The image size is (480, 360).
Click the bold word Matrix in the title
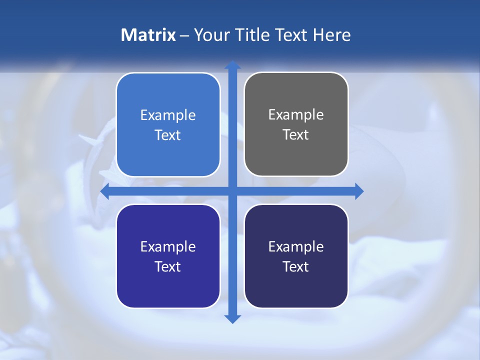[x=148, y=35]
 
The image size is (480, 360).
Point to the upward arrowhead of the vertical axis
[x=232, y=65]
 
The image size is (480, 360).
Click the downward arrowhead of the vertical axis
[x=232, y=318]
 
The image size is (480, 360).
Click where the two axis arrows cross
[x=232, y=191]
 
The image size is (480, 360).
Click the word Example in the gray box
[x=296, y=114]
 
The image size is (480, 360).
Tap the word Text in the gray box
[x=296, y=134]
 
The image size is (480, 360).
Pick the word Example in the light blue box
[x=168, y=115]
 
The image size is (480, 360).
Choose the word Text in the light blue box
[x=168, y=135]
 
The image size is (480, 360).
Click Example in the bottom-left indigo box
[x=168, y=246]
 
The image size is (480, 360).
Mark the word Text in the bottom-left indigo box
[x=168, y=266]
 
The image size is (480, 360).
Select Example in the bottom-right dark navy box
[x=296, y=246]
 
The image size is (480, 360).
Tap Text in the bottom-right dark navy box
[x=296, y=266]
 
